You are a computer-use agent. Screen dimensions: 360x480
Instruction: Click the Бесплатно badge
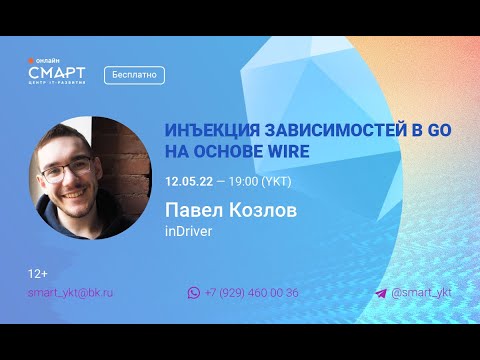(x=133, y=75)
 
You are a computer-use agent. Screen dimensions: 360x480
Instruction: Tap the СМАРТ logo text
(x=57, y=73)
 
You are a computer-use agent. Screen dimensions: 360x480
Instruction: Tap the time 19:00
(x=244, y=181)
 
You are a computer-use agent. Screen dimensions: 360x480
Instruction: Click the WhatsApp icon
(x=194, y=293)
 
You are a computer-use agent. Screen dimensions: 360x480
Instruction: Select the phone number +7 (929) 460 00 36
(x=251, y=293)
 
